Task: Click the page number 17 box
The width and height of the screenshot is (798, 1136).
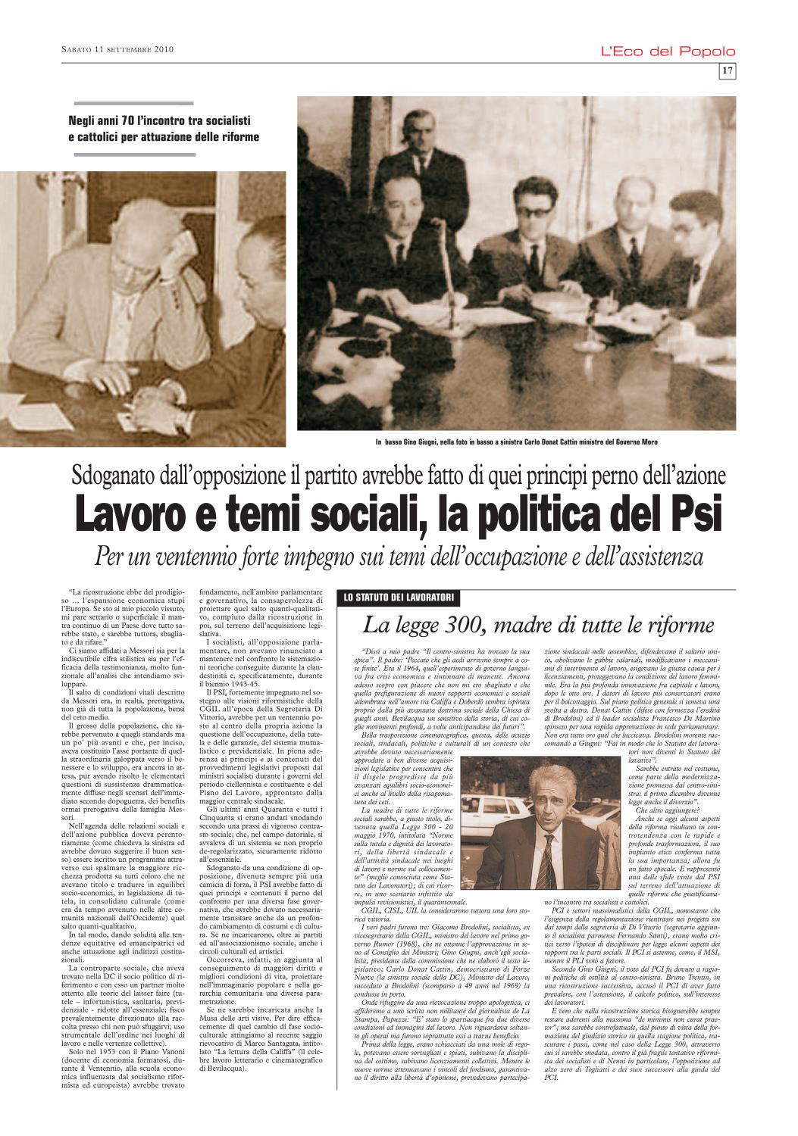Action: [x=725, y=71]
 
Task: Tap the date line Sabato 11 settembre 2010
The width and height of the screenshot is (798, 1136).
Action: [x=118, y=51]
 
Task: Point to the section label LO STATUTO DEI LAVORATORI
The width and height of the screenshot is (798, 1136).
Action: [x=399, y=598]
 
